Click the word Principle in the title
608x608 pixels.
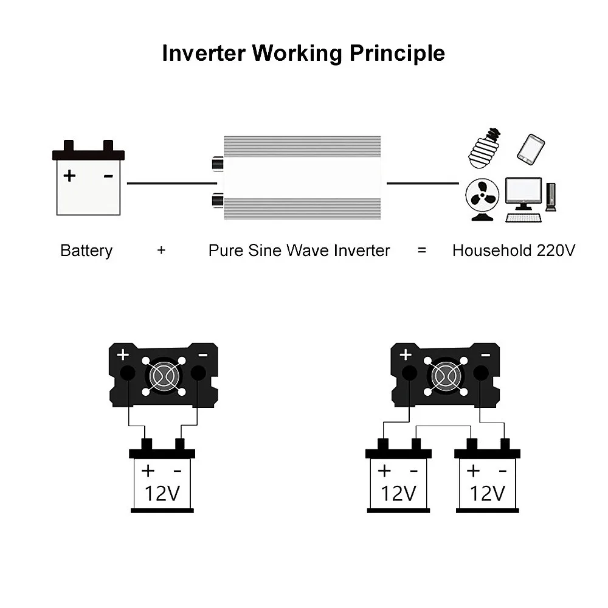(396, 54)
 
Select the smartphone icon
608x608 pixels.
(531, 149)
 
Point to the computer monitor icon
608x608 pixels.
(523, 193)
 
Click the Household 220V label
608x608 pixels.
(513, 250)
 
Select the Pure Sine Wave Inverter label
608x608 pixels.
(299, 250)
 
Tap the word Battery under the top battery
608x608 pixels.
(86, 250)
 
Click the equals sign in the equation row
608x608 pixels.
(422, 250)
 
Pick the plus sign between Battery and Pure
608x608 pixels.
(161, 250)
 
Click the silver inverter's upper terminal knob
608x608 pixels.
(216, 164)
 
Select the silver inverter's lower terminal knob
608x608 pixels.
(216, 199)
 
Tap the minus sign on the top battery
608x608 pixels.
(108, 176)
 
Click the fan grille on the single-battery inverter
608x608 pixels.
(162, 376)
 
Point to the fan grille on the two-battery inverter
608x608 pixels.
(445, 376)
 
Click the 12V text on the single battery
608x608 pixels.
(162, 492)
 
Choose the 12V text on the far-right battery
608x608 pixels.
(488, 492)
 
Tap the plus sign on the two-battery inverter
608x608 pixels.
(406, 354)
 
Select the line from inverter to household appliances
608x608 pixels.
(423, 182)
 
